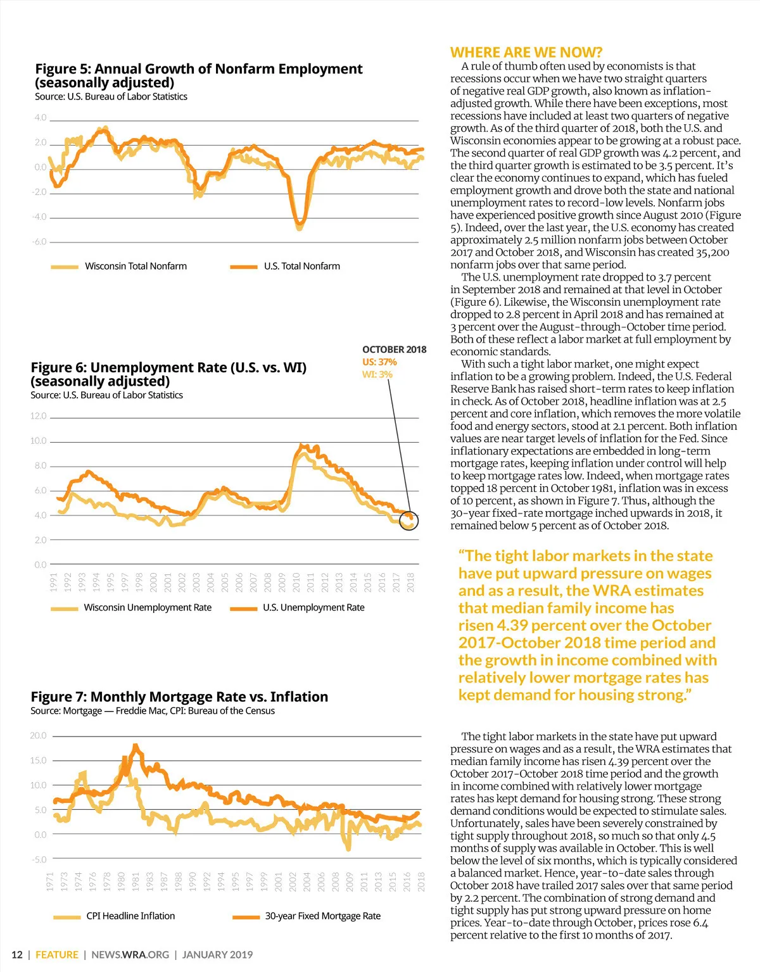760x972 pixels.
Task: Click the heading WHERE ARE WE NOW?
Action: click(x=526, y=53)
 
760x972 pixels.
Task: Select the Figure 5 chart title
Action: click(x=198, y=75)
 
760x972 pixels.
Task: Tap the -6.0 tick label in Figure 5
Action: click(x=39, y=242)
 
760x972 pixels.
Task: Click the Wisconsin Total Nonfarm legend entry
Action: click(x=136, y=267)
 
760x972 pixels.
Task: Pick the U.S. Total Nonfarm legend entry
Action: click(x=301, y=267)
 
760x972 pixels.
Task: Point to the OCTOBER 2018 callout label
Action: click(x=394, y=350)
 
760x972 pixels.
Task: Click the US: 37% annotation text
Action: click(x=379, y=362)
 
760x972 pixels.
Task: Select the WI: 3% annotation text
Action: click(x=377, y=375)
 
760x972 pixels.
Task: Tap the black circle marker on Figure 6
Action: click(x=409, y=521)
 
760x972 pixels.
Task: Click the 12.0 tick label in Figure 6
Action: click(x=39, y=416)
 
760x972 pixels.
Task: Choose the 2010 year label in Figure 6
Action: click(x=296, y=582)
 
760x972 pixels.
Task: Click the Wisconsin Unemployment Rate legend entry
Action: click(x=148, y=608)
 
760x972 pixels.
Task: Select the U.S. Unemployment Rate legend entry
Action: click(x=313, y=608)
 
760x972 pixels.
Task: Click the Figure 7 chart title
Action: click(x=179, y=697)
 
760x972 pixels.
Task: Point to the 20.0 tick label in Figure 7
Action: click(x=38, y=736)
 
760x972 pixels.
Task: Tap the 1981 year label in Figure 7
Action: click(x=136, y=881)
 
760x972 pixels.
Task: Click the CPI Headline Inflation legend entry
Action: click(x=130, y=916)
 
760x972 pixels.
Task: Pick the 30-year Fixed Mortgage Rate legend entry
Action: click(x=322, y=916)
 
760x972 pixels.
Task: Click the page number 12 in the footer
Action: click(x=17, y=955)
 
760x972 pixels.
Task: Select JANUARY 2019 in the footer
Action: click(x=217, y=955)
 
